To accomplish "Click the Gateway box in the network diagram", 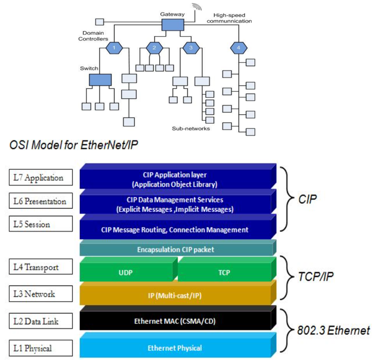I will click(172, 25).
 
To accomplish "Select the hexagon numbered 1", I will click(114, 48).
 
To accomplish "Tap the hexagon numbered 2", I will click(155, 48).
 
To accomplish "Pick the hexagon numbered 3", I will click(190, 48).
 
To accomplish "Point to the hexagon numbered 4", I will click(238, 48).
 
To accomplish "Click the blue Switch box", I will click(100, 80).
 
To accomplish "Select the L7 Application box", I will click(39, 178).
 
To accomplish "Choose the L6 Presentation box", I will click(39, 201).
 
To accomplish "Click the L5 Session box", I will click(39, 223).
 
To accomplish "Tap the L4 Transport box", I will click(39, 267).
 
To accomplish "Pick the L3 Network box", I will click(39, 294).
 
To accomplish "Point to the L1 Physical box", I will click(39, 347).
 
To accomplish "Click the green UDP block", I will click(126, 271).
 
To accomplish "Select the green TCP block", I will click(224, 271).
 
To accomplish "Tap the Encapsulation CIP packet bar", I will click(175, 249).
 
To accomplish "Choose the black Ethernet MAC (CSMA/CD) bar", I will click(175, 321).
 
